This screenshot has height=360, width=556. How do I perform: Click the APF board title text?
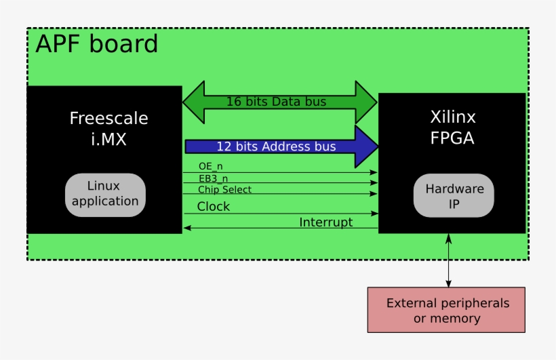[x=96, y=44]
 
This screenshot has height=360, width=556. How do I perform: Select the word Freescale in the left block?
[x=108, y=119]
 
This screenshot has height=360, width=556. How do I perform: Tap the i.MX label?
[x=108, y=140]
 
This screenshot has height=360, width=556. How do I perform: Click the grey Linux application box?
[x=105, y=195]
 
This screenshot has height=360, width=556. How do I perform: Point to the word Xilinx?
[x=453, y=117]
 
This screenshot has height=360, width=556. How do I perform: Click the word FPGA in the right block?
[x=452, y=138]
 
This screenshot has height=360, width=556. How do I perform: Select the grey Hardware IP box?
[x=454, y=195]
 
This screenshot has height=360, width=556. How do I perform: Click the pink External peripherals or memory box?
[x=446, y=310]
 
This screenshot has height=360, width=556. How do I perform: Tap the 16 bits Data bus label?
[x=276, y=102]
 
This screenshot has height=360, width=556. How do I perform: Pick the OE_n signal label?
[x=211, y=166]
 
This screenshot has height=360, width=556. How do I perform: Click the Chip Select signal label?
[x=224, y=189]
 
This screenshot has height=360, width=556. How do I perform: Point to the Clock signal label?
[x=214, y=206]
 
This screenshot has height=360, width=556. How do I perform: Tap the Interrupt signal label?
[x=325, y=222]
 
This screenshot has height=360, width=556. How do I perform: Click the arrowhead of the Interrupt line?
[x=187, y=228]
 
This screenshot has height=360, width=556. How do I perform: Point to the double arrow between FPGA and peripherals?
[x=447, y=260]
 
